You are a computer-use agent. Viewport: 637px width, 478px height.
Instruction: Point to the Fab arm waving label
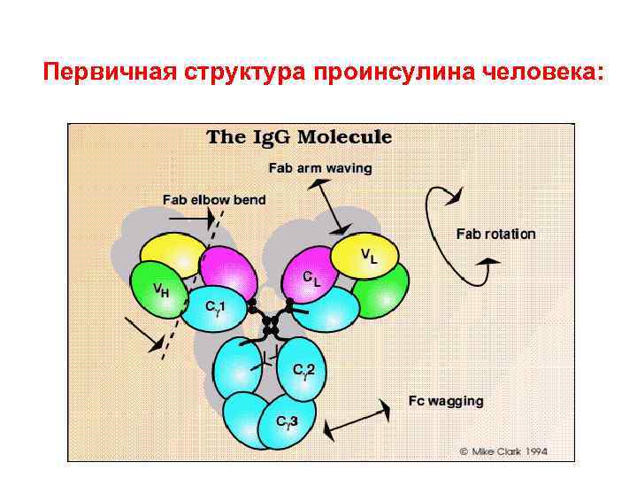click(x=320, y=167)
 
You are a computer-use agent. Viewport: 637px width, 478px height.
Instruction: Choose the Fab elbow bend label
click(x=213, y=200)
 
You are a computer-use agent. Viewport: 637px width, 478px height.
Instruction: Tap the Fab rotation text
click(x=495, y=235)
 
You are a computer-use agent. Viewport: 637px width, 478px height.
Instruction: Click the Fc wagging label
click(x=446, y=400)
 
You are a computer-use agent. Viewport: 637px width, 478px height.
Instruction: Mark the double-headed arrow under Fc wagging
click(x=356, y=420)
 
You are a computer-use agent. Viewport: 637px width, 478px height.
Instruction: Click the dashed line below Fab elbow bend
click(x=190, y=283)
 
